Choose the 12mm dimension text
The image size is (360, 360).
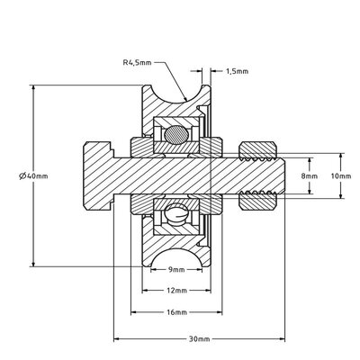pos(176,292)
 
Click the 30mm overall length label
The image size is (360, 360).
pos(199,340)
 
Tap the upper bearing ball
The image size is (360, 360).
pos(176,135)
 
